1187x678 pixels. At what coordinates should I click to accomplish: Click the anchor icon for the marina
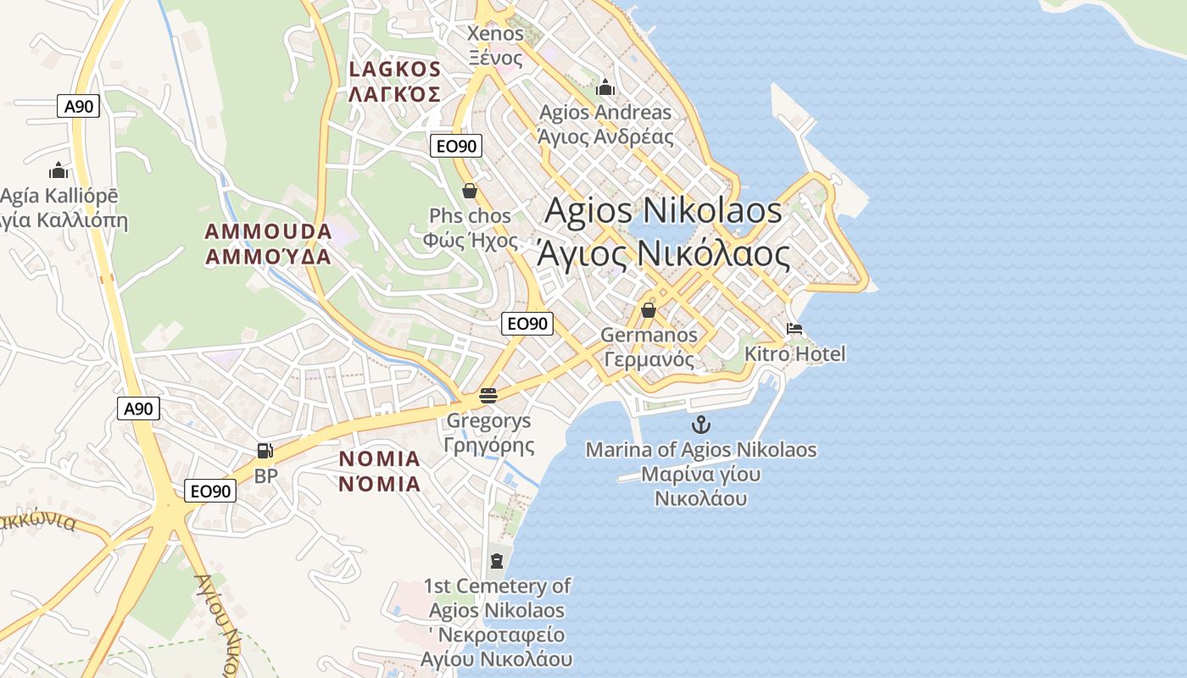click(x=700, y=425)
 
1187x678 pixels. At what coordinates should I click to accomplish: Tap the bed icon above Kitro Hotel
click(x=794, y=329)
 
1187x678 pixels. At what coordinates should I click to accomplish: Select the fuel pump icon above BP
click(x=265, y=452)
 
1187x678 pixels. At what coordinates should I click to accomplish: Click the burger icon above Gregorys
click(x=488, y=395)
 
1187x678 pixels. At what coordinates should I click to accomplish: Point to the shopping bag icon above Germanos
click(x=649, y=310)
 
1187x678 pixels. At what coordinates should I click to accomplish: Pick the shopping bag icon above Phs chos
click(x=470, y=191)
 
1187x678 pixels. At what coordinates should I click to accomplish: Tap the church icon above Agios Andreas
click(x=605, y=87)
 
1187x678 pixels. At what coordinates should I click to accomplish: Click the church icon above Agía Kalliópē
click(x=58, y=170)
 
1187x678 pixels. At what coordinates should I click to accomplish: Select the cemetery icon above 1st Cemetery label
click(x=496, y=560)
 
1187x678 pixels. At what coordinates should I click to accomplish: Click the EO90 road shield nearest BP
click(x=210, y=491)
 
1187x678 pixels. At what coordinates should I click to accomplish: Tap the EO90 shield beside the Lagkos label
click(x=455, y=146)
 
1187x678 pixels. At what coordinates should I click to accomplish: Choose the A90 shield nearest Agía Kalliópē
click(x=79, y=106)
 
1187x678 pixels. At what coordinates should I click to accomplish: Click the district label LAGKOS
click(x=394, y=69)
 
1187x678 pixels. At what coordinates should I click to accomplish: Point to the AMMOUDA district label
click(x=268, y=231)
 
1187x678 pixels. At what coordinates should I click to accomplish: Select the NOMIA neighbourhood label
click(x=379, y=459)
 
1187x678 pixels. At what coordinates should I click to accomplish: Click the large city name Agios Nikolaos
click(x=663, y=210)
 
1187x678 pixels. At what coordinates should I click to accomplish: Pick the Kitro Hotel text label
click(x=794, y=353)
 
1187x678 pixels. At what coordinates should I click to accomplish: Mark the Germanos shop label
click(x=649, y=335)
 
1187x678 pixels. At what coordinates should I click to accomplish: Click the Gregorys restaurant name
click(x=488, y=420)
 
